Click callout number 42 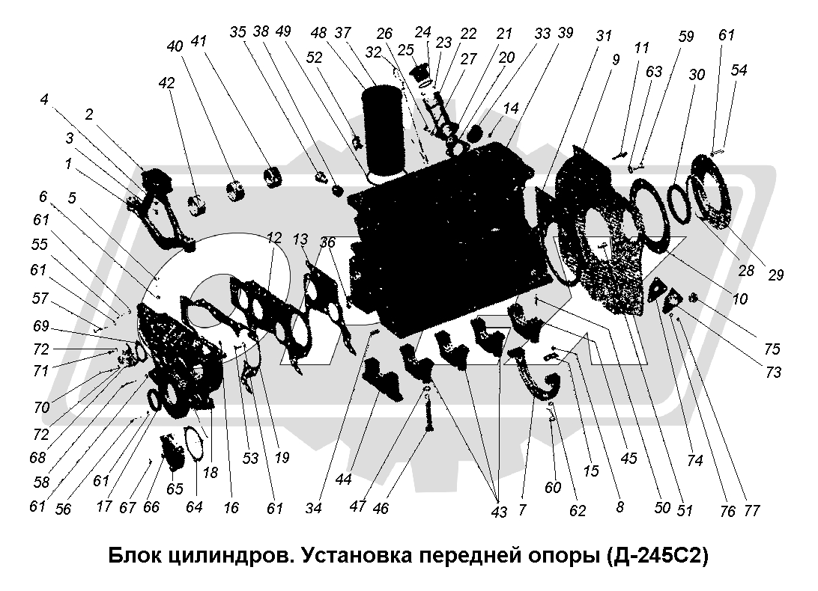[x=167, y=83]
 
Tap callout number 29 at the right [x=776, y=275]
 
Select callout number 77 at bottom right [x=752, y=510]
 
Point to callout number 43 [x=499, y=512]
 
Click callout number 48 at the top [x=318, y=33]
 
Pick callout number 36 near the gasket [x=327, y=242]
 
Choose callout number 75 [x=772, y=349]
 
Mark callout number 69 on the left [x=40, y=326]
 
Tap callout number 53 [x=250, y=458]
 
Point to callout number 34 [x=314, y=508]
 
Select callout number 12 [x=274, y=238]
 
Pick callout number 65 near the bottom [x=175, y=489]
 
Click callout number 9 [x=616, y=60]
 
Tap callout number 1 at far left [x=68, y=164]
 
